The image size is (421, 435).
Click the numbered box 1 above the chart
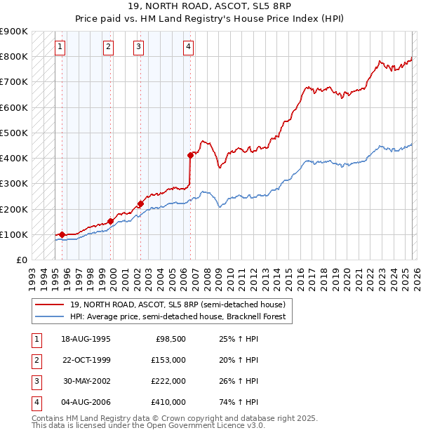(60, 47)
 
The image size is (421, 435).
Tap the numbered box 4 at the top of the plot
(189, 47)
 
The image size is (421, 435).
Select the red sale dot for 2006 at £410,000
(190, 155)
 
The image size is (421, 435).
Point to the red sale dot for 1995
(62, 234)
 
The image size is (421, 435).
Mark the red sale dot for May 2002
(140, 203)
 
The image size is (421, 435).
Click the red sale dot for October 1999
(110, 220)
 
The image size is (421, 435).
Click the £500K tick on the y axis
(14, 133)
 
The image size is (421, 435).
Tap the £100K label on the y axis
(14, 234)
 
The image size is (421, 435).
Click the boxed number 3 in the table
(36, 381)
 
